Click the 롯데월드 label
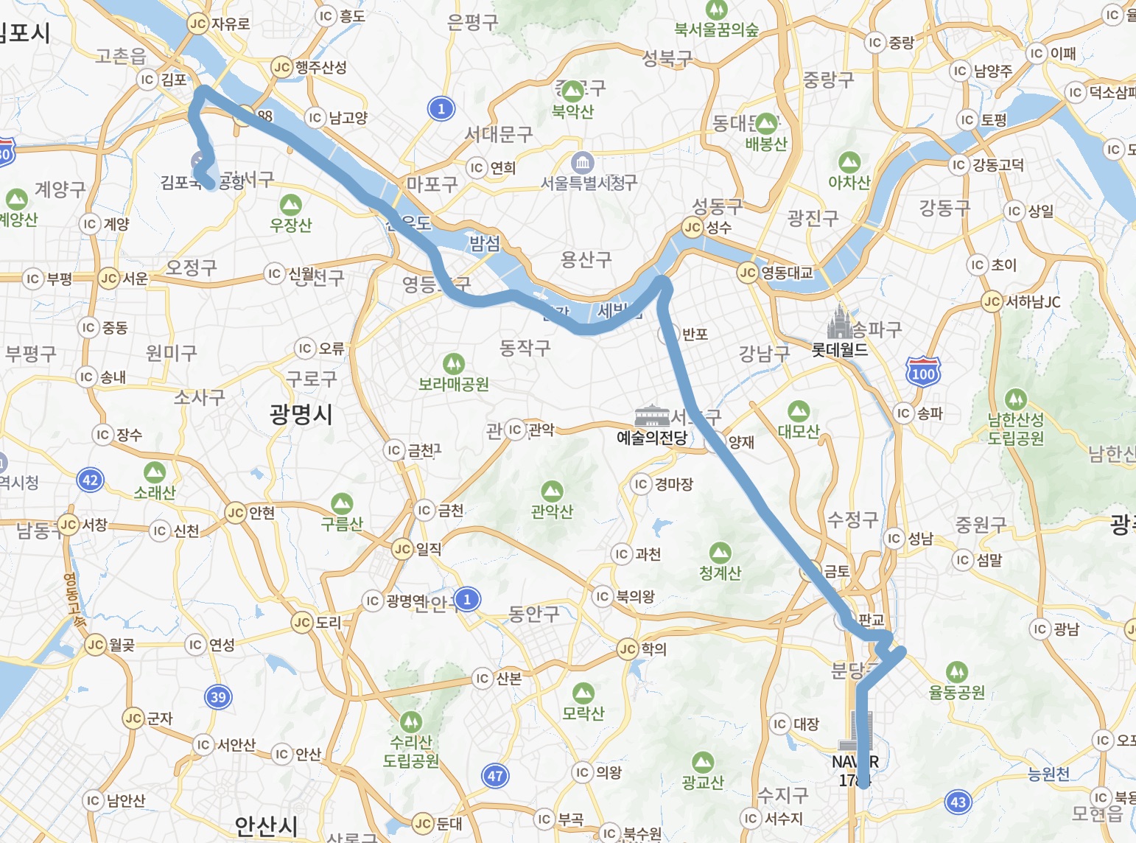click(x=839, y=350)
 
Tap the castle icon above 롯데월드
click(x=839, y=321)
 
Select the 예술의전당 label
click(x=651, y=438)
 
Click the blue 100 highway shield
click(x=923, y=372)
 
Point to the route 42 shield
click(x=90, y=480)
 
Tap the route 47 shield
click(x=495, y=775)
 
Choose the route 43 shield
click(x=958, y=802)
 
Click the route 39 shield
click(x=218, y=697)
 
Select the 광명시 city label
click(x=301, y=414)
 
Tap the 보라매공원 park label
click(x=454, y=384)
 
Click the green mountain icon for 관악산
click(x=552, y=492)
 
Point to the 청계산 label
click(x=720, y=573)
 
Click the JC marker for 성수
click(x=693, y=228)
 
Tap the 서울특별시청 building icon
click(x=582, y=162)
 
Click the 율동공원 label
click(x=956, y=692)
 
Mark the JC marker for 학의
click(x=628, y=649)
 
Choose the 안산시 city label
click(x=266, y=826)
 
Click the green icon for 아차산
click(x=849, y=162)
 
